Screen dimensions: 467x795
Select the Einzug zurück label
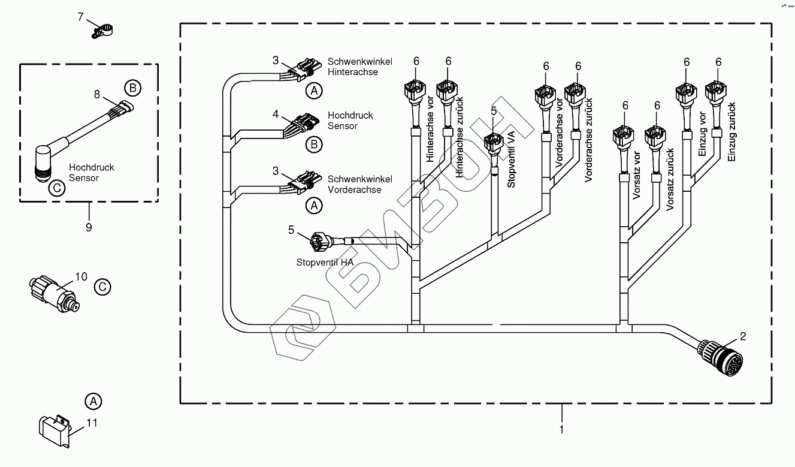click(x=731, y=131)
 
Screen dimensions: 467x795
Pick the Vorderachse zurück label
click(x=589, y=139)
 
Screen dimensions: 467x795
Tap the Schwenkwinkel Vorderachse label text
click(x=360, y=185)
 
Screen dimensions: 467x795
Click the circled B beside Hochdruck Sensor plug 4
click(x=313, y=144)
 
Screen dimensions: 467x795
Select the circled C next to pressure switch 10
click(x=103, y=287)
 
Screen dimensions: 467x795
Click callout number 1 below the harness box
click(x=561, y=429)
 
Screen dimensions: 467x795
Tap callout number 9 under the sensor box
click(x=89, y=227)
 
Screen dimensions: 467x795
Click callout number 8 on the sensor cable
click(x=98, y=94)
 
